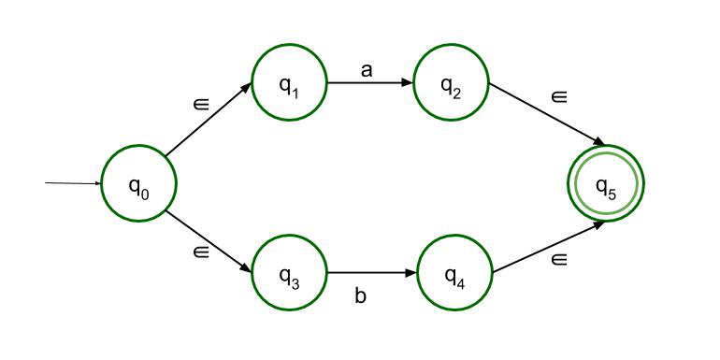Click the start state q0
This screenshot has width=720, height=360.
[x=138, y=184]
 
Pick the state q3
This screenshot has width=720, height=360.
[x=289, y=274]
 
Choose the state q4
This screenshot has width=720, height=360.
[x=454, y=274]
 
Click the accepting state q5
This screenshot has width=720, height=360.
[x=606, y=183]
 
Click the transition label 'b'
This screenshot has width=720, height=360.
[x=360, y=297]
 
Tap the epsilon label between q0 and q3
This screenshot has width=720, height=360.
[x=201, y=251]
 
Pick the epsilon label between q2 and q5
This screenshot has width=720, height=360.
[x=559, y=96]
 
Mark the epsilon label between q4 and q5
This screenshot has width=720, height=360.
[x=559, y=259]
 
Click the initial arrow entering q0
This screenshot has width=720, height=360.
[x=73, y=183]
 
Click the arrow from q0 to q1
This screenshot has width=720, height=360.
[x=208, y=120]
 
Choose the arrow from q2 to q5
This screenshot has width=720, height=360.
[x=544, y=113]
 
